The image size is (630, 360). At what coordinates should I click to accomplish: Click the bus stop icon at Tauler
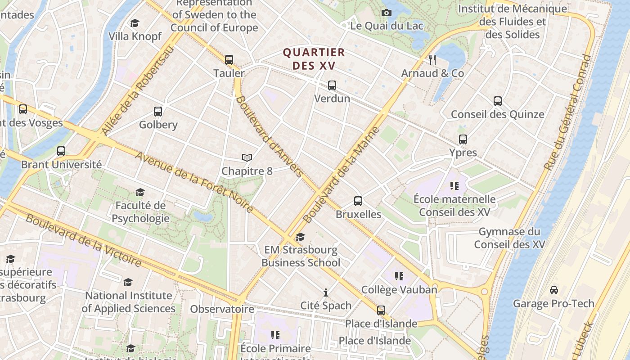click(x=229, y=59)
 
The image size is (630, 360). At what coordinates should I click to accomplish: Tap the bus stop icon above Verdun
click(x=332, y=85)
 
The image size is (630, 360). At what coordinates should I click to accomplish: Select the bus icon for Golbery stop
click(x=158, y=111)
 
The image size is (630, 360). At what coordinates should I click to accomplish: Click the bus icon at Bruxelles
click(x=358, y=201)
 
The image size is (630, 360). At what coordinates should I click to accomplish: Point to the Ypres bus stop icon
click(x=463, y=139)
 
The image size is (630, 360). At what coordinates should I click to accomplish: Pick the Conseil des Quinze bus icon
click(x=497, y=101)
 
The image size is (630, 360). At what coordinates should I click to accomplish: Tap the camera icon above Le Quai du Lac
click(x=387, y=13)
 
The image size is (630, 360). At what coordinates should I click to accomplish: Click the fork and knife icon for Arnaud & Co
click(x=432, y=59)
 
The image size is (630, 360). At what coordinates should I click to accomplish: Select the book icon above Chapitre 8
click(x=247, y=157)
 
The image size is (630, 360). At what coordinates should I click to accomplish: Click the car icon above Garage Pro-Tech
click(x=554, y=290)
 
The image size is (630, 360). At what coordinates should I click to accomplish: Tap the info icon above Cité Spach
click(x=326, y=292)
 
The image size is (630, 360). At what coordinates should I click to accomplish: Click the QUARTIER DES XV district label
click(x=314, y=59)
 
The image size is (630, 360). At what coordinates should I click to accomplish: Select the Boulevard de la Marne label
click(x=342, y=175)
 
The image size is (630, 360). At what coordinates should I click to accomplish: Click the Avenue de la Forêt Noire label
click(x=194, y=182)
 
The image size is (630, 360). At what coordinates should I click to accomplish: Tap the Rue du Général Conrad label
click(x=567, y=112)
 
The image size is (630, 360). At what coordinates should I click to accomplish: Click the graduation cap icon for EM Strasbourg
click(x=301, y=237)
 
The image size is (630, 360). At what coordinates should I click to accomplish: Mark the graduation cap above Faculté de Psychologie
click(x=140, y=192)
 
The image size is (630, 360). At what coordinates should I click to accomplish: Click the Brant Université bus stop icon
click(x=61, y=151)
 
